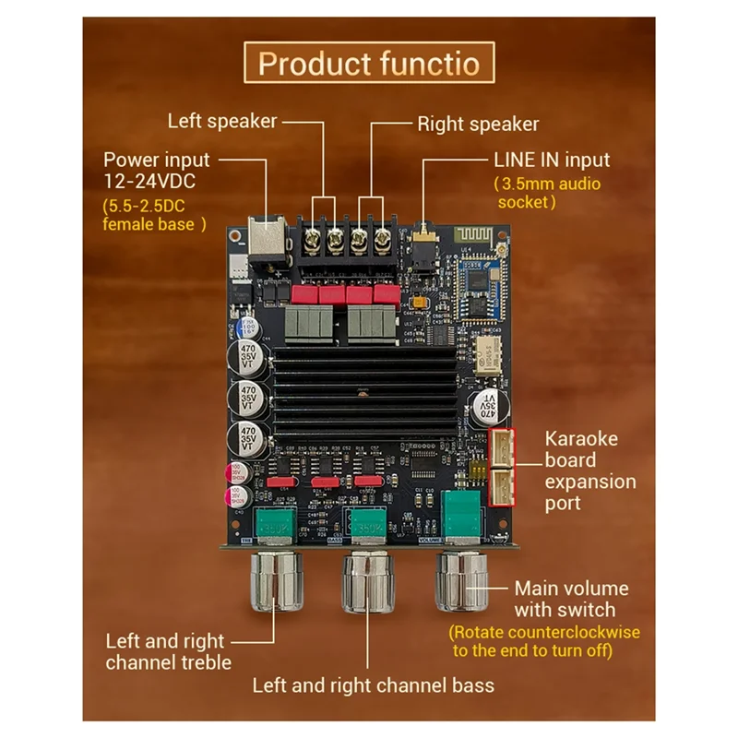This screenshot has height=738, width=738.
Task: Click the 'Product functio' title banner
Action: pyautogui.click(x=368, y=64)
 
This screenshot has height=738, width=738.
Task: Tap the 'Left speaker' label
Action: pyautogui.click(x=221, y=121)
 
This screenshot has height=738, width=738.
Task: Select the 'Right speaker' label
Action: pyautogui.click(x=478, y=124)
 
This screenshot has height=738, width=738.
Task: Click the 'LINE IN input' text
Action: pyautogui.click(x=552, y=160)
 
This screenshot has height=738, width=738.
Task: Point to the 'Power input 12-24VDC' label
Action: pyautogui.click(x=157, y=170)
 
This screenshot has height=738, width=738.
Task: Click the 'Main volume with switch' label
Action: pyautogui.click(x=571, y=599)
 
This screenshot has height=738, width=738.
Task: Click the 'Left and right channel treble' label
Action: pyautogui.click(x=165, y=651)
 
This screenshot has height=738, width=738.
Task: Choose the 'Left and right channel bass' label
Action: pyautogui.click(x=373, y=684)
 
